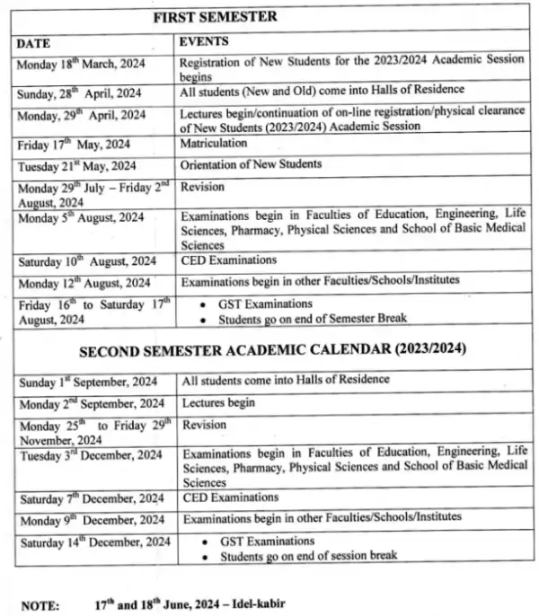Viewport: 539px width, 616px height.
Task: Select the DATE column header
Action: (33, 42)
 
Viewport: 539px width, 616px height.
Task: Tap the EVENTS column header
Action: (204, 41)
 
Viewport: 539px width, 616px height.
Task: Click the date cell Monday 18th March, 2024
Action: (82, 64)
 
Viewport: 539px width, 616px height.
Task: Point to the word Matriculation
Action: (214, 143)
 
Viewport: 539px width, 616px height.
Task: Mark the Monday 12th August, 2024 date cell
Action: (84, 283)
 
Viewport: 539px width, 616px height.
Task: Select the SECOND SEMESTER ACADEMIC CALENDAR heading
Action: (274, 348)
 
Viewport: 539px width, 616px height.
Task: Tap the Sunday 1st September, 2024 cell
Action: (89, 381)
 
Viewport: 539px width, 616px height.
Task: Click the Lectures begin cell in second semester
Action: (218, 402)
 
